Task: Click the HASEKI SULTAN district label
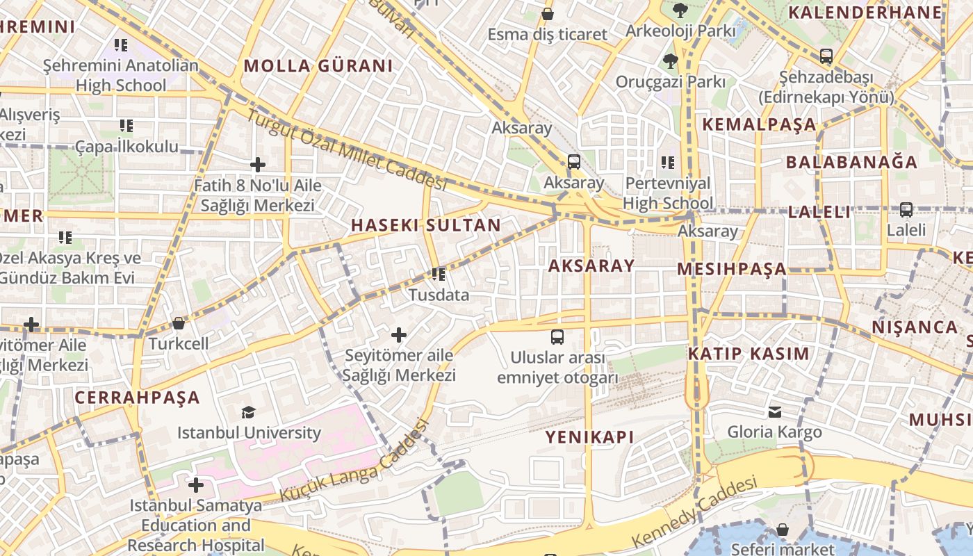(x=425, y=225)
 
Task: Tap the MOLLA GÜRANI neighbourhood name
(x=318, y=66)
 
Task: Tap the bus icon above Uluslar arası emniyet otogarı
(x=557, y=337)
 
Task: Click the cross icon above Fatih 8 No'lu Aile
(x=258, y=165)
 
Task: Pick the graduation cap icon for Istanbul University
(x=249, y=412)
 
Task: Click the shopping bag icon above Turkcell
(x=179, y=323)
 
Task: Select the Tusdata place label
(x=439, y=295)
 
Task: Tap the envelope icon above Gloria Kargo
(x=775, y=411)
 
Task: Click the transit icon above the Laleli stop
(x=906, y=209)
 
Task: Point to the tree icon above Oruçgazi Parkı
(x=671, y=61)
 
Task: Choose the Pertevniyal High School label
(x=668, y=193)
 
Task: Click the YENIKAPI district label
(x=590, y=437)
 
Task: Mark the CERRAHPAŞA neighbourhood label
(x=137, y=398)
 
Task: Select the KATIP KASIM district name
(x=749, y=354)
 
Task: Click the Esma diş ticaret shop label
(x=547, y=34)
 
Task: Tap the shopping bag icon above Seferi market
(x=783, y=530)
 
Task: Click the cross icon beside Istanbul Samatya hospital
(x=196, y=484)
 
